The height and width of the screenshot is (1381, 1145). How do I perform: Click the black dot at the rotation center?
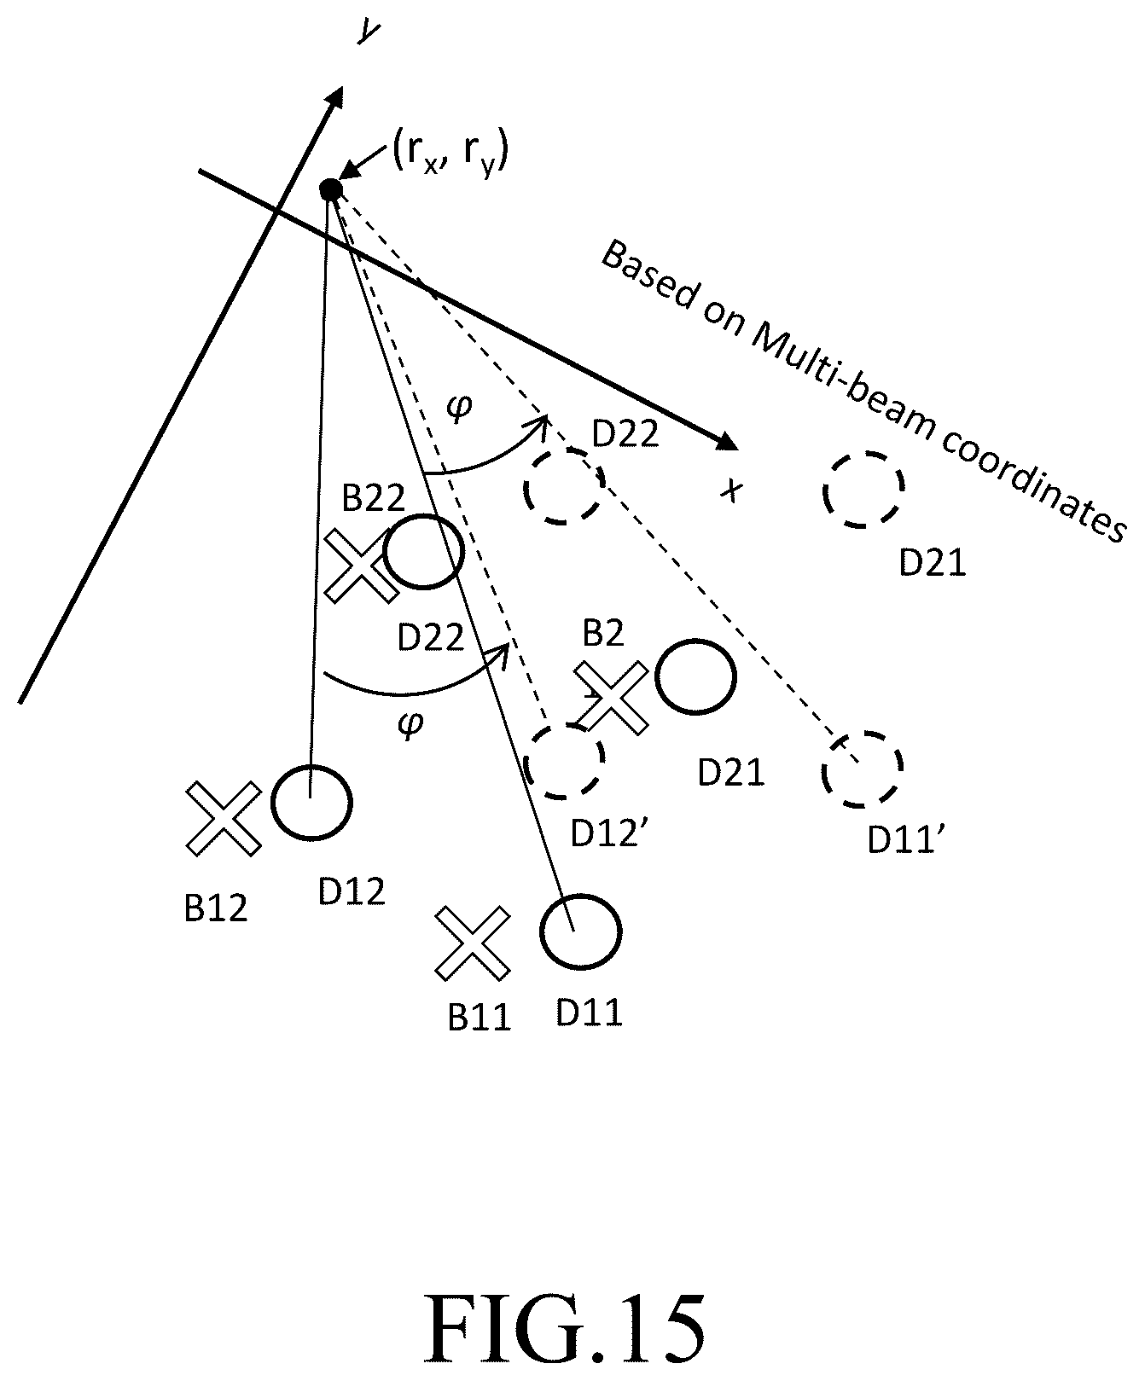click(330, 189)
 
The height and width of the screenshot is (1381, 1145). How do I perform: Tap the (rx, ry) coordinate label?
click(450, 156)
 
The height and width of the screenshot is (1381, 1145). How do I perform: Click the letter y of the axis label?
click(369, 32)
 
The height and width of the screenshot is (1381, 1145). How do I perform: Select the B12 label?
click(216, 908)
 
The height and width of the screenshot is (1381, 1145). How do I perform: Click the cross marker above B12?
click(224, 819)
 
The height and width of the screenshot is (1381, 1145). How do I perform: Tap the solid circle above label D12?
click(311, 804)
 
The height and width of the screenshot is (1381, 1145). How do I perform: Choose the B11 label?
click(480, 1018)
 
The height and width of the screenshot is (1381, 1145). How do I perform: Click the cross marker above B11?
click(474, 943)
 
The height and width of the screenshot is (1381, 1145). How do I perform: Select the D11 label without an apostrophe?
click(590, 1013)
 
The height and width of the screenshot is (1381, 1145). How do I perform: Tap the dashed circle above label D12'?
click(564, 763)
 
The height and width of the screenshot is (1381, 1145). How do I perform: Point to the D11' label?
click(906, 839)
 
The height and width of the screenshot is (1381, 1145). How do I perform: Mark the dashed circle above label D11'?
click(863, 769)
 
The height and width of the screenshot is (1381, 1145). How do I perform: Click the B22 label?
click(373, 499)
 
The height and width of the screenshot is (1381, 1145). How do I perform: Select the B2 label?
click(603, 634)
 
